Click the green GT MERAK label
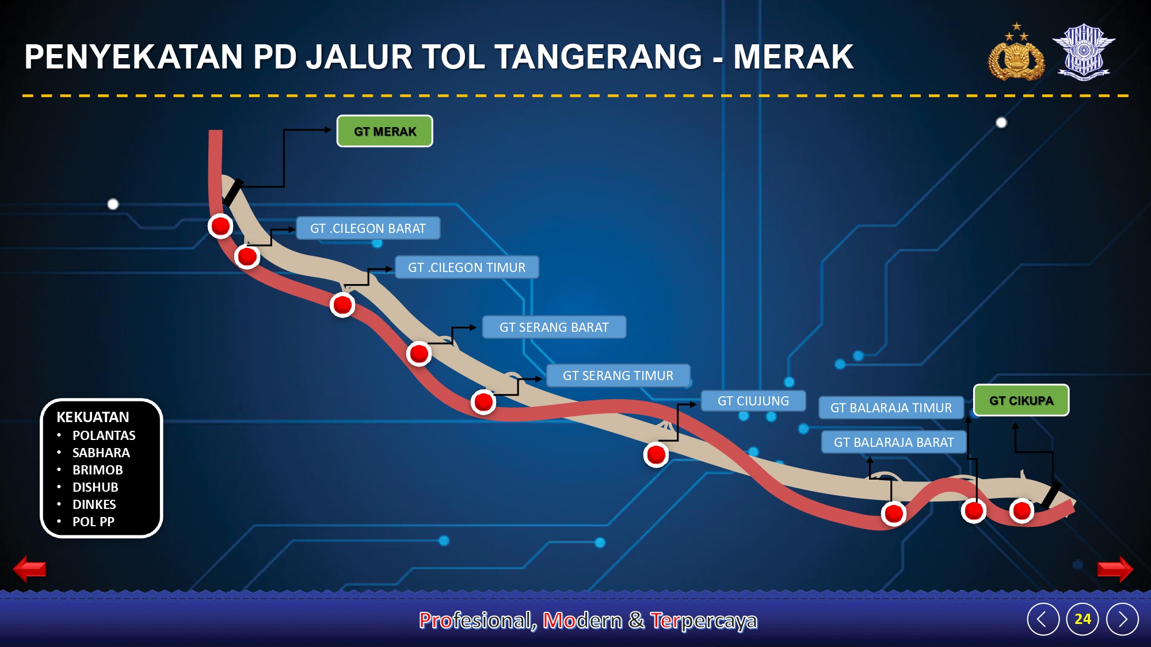[384, 131]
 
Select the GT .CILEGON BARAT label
[368, 228]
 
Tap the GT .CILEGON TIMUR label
[467, 267]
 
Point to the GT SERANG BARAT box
[554, 327]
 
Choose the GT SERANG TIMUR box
[618, 376]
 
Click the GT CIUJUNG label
[753, 401]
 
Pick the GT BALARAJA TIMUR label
[891, 408]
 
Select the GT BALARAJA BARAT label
[894, 442]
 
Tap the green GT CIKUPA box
[1021, 400]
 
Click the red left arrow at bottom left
[29, 569]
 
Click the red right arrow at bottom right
[1115, 569]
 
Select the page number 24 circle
[1083, 619]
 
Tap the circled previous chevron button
[1043, 619]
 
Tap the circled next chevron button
[1122, 619]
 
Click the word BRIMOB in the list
[98, 470]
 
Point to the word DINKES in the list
[94, 504]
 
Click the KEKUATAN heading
[93, 417]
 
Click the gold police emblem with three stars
[1016, 53]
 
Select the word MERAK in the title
[794, 57]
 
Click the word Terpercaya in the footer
[704, 621]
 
